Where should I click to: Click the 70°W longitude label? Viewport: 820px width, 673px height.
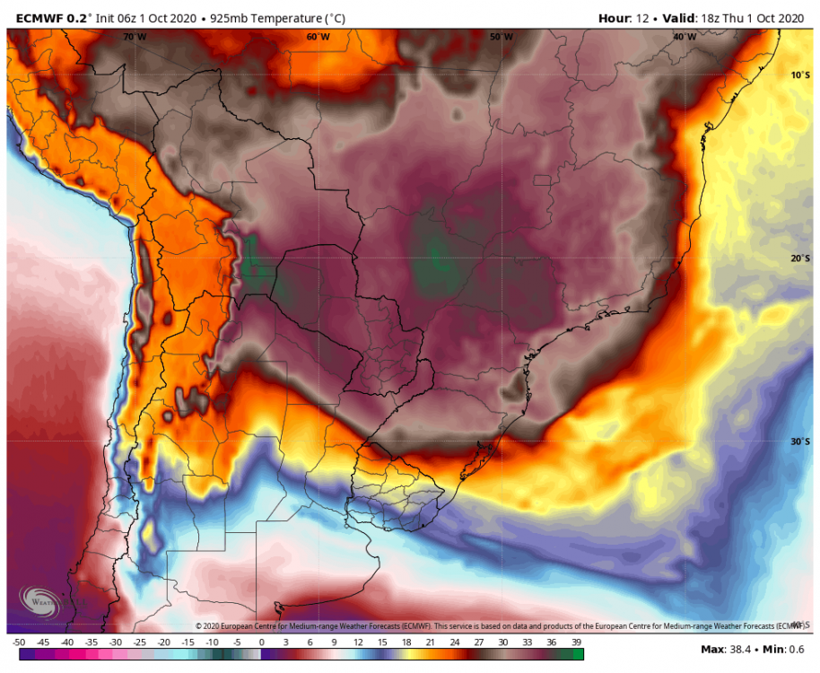tap(135, 37)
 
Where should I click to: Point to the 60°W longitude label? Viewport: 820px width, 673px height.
tap(318, 37)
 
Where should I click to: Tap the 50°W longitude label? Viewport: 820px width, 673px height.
tap(501, 37)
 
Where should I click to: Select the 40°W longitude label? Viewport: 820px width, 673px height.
tap(684, 37)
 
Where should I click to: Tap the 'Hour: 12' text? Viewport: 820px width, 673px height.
tap(624, 18)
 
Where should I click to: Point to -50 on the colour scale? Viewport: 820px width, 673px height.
tap(19, 642)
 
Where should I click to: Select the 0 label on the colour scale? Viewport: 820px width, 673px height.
tap(261, 642)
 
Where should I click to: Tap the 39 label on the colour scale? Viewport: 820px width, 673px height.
tap(577, 642)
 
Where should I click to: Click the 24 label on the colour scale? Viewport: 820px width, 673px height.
tap(456, 642)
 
